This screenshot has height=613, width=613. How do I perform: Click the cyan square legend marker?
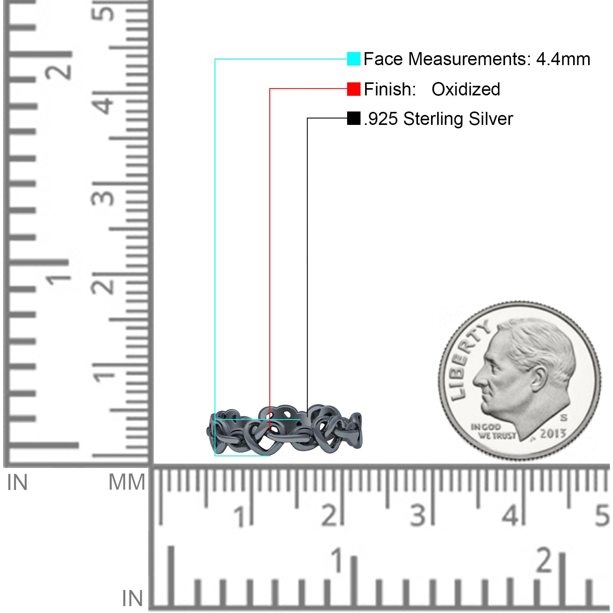354,59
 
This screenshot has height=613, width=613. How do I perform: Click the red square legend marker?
354,89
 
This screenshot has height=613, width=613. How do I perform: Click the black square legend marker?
354,118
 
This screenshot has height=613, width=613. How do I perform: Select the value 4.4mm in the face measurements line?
563,59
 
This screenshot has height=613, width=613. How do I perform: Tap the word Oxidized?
466,89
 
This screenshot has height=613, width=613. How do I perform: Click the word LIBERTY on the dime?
468,360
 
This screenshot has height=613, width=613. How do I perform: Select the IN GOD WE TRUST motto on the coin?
493,431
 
